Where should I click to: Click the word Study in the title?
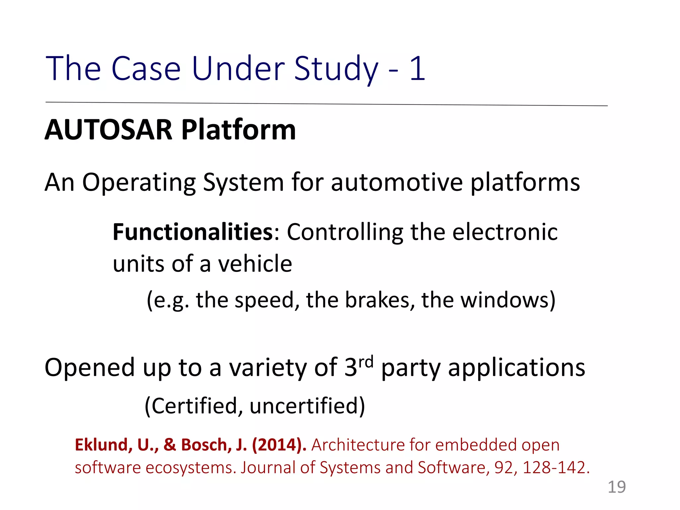point(336,69)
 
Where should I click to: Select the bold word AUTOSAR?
point(109,130)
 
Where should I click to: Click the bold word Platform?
point(238,130)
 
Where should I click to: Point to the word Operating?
point(139,183)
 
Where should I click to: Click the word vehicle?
point(255,264)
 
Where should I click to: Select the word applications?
point(516,368)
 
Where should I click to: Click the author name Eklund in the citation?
point(101,445)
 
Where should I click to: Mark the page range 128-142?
point(556,467)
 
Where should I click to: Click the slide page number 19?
point(617,487)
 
